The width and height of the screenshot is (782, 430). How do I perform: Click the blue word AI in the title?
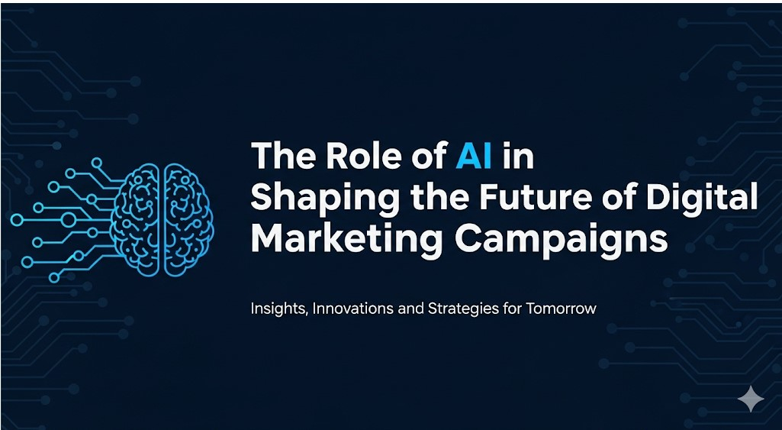(x=474, y=156)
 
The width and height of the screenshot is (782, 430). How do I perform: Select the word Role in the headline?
(x=351, y=156)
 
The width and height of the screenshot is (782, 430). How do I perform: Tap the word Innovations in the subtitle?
(x=353, y=308)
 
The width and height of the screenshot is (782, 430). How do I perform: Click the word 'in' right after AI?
(x=519, y=156)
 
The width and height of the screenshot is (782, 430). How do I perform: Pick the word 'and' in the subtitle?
(x=410, y=308)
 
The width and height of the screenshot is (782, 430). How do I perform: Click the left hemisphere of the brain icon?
(x=136, y=220)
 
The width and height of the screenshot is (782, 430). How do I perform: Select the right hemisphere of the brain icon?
(x=188, y=220)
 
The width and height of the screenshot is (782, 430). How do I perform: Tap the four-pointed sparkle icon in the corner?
(x=751, y=398)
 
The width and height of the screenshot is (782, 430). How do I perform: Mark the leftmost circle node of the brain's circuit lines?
(x=17, y=219)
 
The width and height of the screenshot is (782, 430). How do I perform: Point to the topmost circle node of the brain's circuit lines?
(x=96, y=163)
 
